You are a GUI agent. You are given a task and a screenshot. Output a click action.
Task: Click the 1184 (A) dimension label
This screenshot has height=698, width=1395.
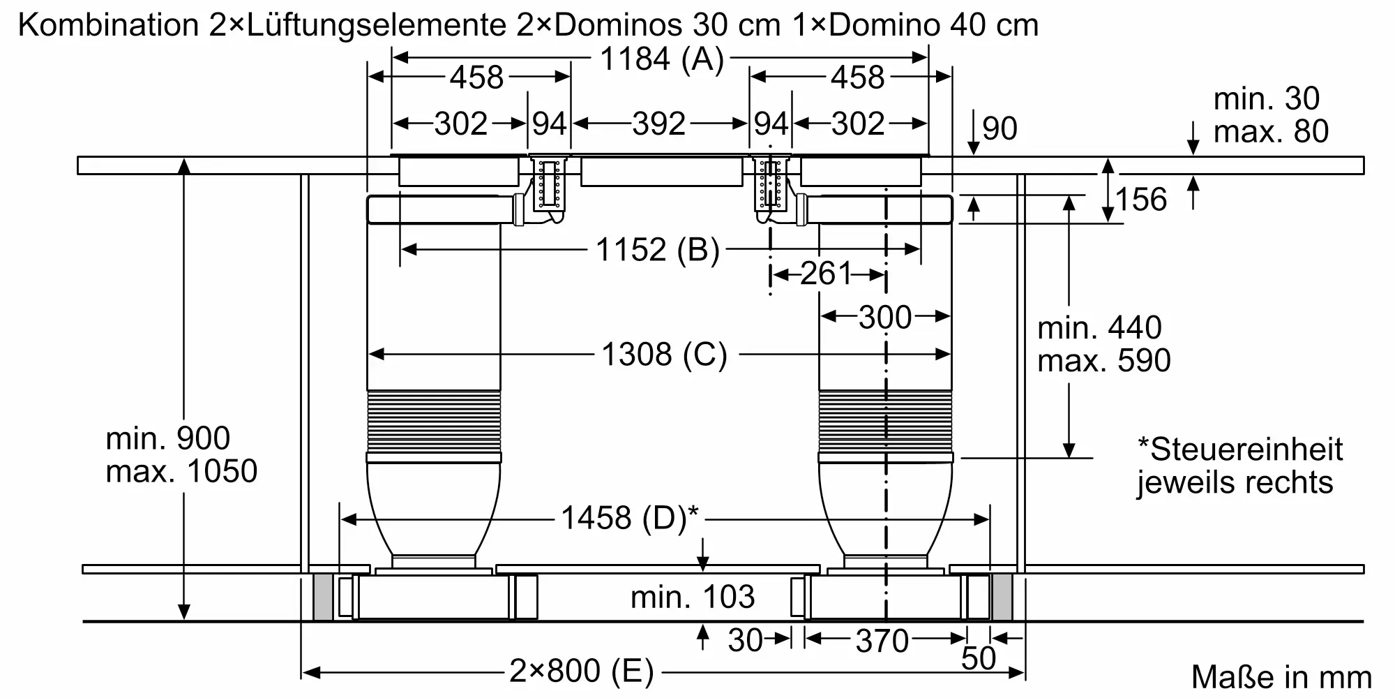[x=662, y=59]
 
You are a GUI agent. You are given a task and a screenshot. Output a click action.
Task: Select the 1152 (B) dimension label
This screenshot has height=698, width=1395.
[x=657, y=250]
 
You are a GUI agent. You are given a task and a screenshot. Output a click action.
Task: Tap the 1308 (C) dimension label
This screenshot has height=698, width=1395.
[x=664, y=355]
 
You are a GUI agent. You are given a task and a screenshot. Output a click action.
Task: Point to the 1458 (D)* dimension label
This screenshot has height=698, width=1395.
[x=630, y=518]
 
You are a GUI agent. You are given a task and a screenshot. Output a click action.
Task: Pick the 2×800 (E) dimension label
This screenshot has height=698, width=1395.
[x=582, y=671]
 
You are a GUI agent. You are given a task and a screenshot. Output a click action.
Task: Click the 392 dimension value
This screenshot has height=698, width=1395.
[x=659, y=124]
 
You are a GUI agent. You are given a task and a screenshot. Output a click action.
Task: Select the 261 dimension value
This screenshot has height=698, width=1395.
[x=827, y=274]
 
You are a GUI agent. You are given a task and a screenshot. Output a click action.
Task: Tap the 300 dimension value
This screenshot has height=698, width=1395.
[x=885, y=318]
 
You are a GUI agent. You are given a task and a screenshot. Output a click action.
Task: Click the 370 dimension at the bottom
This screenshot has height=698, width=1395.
[x=882, y=641]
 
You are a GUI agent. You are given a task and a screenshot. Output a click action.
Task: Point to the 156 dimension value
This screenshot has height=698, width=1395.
[x=1141, y=200]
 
